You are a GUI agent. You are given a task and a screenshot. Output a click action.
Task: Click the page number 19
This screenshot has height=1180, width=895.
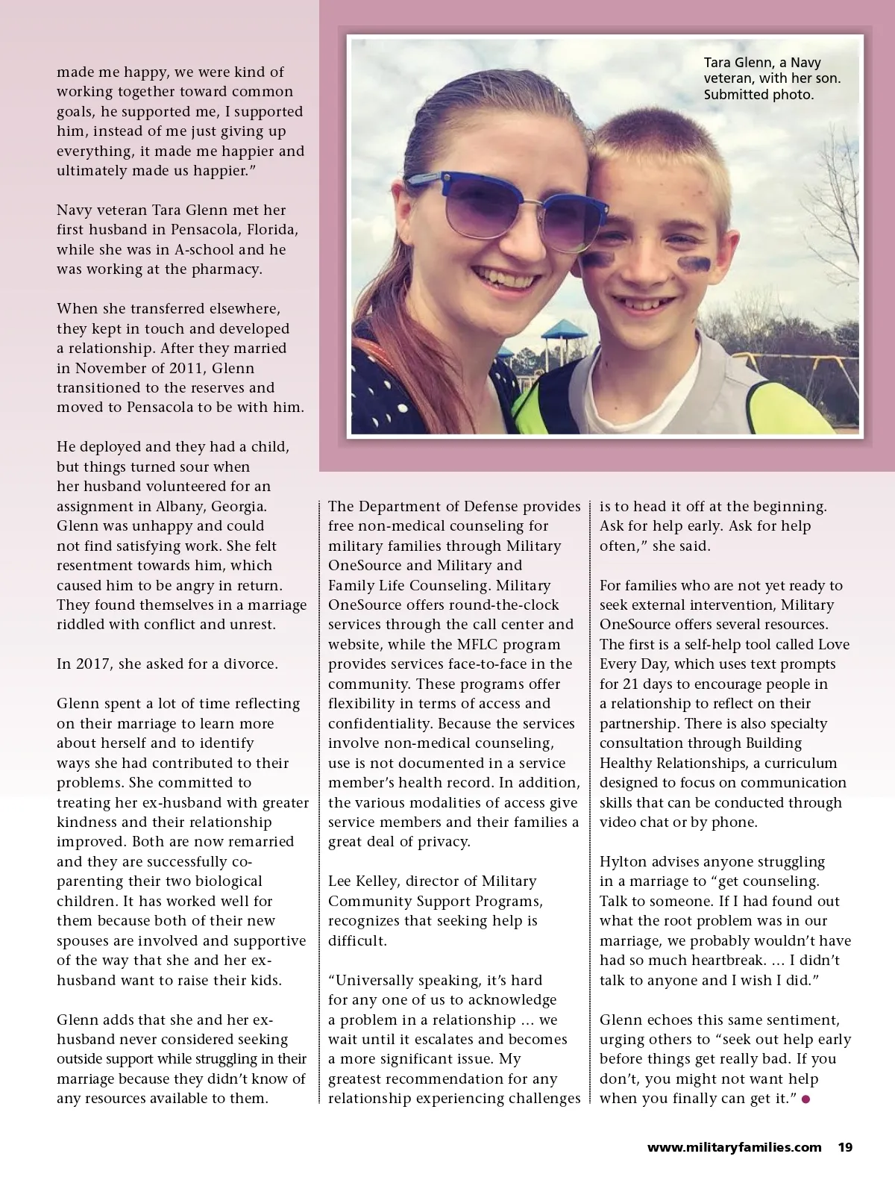[x=844, y=1147]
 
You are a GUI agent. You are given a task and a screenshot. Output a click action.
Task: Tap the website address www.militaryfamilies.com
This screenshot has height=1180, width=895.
[x=734, y=1147]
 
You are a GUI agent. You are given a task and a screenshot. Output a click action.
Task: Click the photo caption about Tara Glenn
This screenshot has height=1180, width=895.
[x=772, y=78]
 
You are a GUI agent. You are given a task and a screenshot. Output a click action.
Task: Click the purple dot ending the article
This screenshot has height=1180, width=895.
[x=805, y=1099]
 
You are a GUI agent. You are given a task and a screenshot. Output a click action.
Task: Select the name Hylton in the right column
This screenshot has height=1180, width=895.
[x=625, y=861]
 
